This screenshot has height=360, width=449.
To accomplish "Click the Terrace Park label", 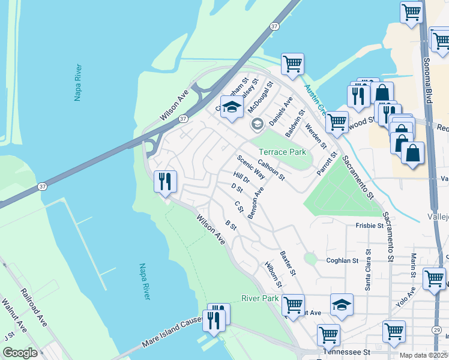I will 282,152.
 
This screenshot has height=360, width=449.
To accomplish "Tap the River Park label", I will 260,298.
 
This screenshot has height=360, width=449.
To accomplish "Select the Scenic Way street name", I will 251,167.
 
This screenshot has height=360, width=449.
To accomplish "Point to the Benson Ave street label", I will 256,202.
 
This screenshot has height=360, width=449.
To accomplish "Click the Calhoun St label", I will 271,170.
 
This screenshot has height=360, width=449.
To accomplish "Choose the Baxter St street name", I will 288,263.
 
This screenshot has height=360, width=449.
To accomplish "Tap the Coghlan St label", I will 342,260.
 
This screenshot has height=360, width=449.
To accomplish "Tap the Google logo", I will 20,353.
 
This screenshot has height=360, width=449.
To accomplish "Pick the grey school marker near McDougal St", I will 257,124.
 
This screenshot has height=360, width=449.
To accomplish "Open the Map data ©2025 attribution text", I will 424,355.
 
